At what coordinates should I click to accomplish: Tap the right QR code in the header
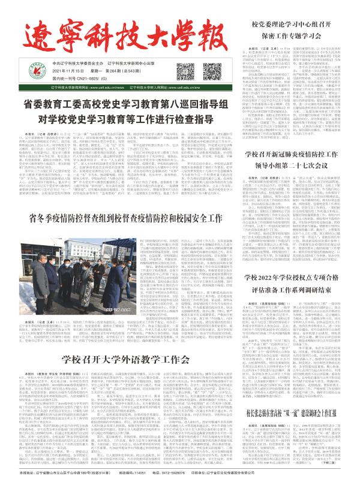[214, 67]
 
